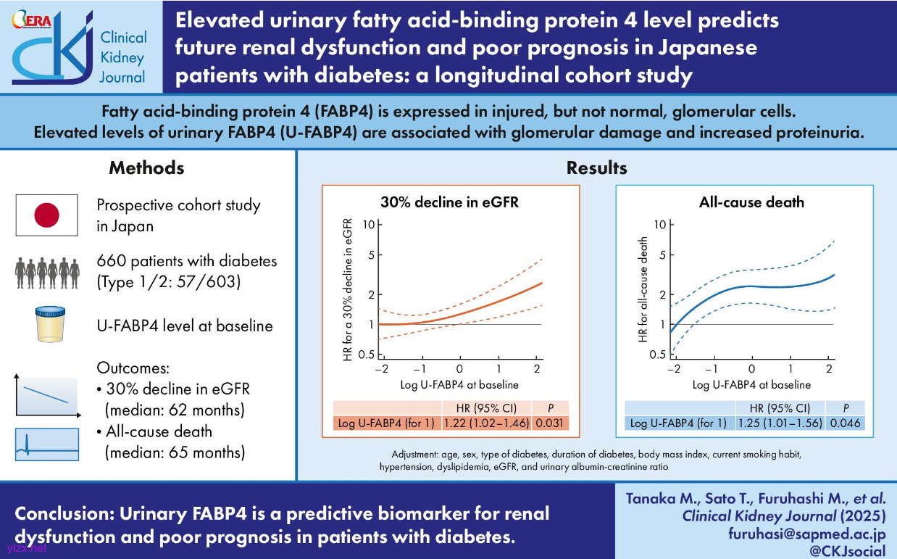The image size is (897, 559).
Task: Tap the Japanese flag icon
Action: click(46, 215)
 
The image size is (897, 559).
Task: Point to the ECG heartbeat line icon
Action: click(46, 444)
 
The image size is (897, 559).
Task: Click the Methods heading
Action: click(146, 168)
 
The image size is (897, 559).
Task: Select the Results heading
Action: click(596, 168)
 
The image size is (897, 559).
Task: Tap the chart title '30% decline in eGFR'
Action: click(450, 202)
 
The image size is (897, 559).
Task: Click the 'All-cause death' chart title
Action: click(751, 202)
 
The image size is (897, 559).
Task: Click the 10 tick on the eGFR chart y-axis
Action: click(369, 225)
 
